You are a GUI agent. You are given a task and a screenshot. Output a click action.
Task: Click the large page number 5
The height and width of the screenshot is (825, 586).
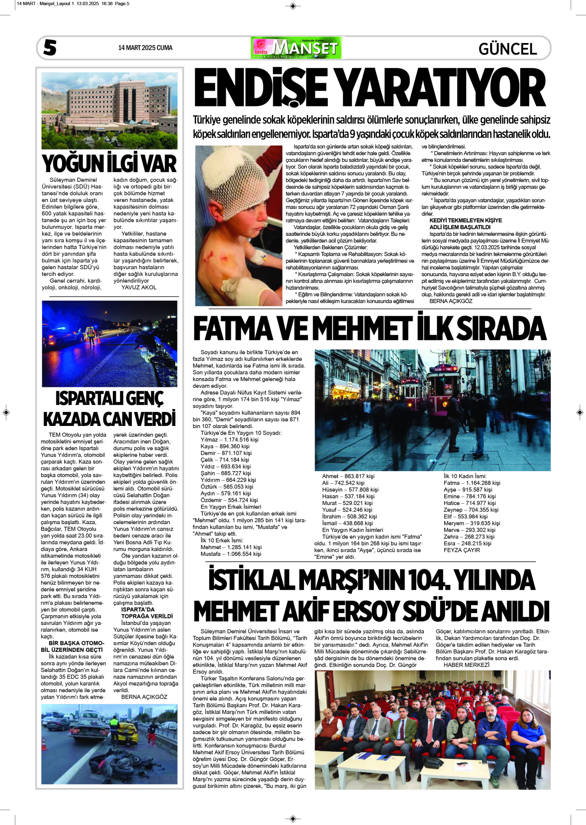pyautogui.click(x=50, y=48)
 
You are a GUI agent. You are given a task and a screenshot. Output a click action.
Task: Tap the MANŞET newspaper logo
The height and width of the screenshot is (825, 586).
pyautogui.click(x=296, y=48)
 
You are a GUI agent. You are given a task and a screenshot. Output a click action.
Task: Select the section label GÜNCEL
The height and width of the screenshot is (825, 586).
pyautogui.click(x=507, y=49)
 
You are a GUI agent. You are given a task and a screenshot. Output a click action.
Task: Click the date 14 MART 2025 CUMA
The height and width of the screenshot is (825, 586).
pyautogui.click(x=145, y=48)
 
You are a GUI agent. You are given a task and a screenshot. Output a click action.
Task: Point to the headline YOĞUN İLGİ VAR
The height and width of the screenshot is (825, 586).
pyautogui.click(x=109, y=164)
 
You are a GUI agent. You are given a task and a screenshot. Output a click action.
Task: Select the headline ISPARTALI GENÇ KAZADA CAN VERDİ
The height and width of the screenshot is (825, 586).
pyautogui.click(x=109, y=409)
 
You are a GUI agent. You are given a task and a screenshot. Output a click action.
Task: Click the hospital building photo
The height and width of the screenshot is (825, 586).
pyautogui.click(x=109, y=111)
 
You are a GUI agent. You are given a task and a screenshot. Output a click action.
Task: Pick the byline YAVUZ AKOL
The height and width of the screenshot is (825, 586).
pyautogui.click(x=139, y=287)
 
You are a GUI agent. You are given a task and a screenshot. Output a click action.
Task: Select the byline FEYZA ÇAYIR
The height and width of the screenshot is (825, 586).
pyautogui.click(x=462, y=550)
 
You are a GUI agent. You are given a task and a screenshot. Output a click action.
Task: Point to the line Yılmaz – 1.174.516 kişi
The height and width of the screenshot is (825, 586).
pyautogui.click(x=229, y=439)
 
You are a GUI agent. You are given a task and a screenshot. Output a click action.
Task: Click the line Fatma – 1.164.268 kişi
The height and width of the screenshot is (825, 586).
pyautogui.click(x=471, y=483)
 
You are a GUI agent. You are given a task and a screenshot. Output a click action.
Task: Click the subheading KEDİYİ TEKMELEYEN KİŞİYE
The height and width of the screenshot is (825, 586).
pyautogui.click(x=465, y=221)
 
